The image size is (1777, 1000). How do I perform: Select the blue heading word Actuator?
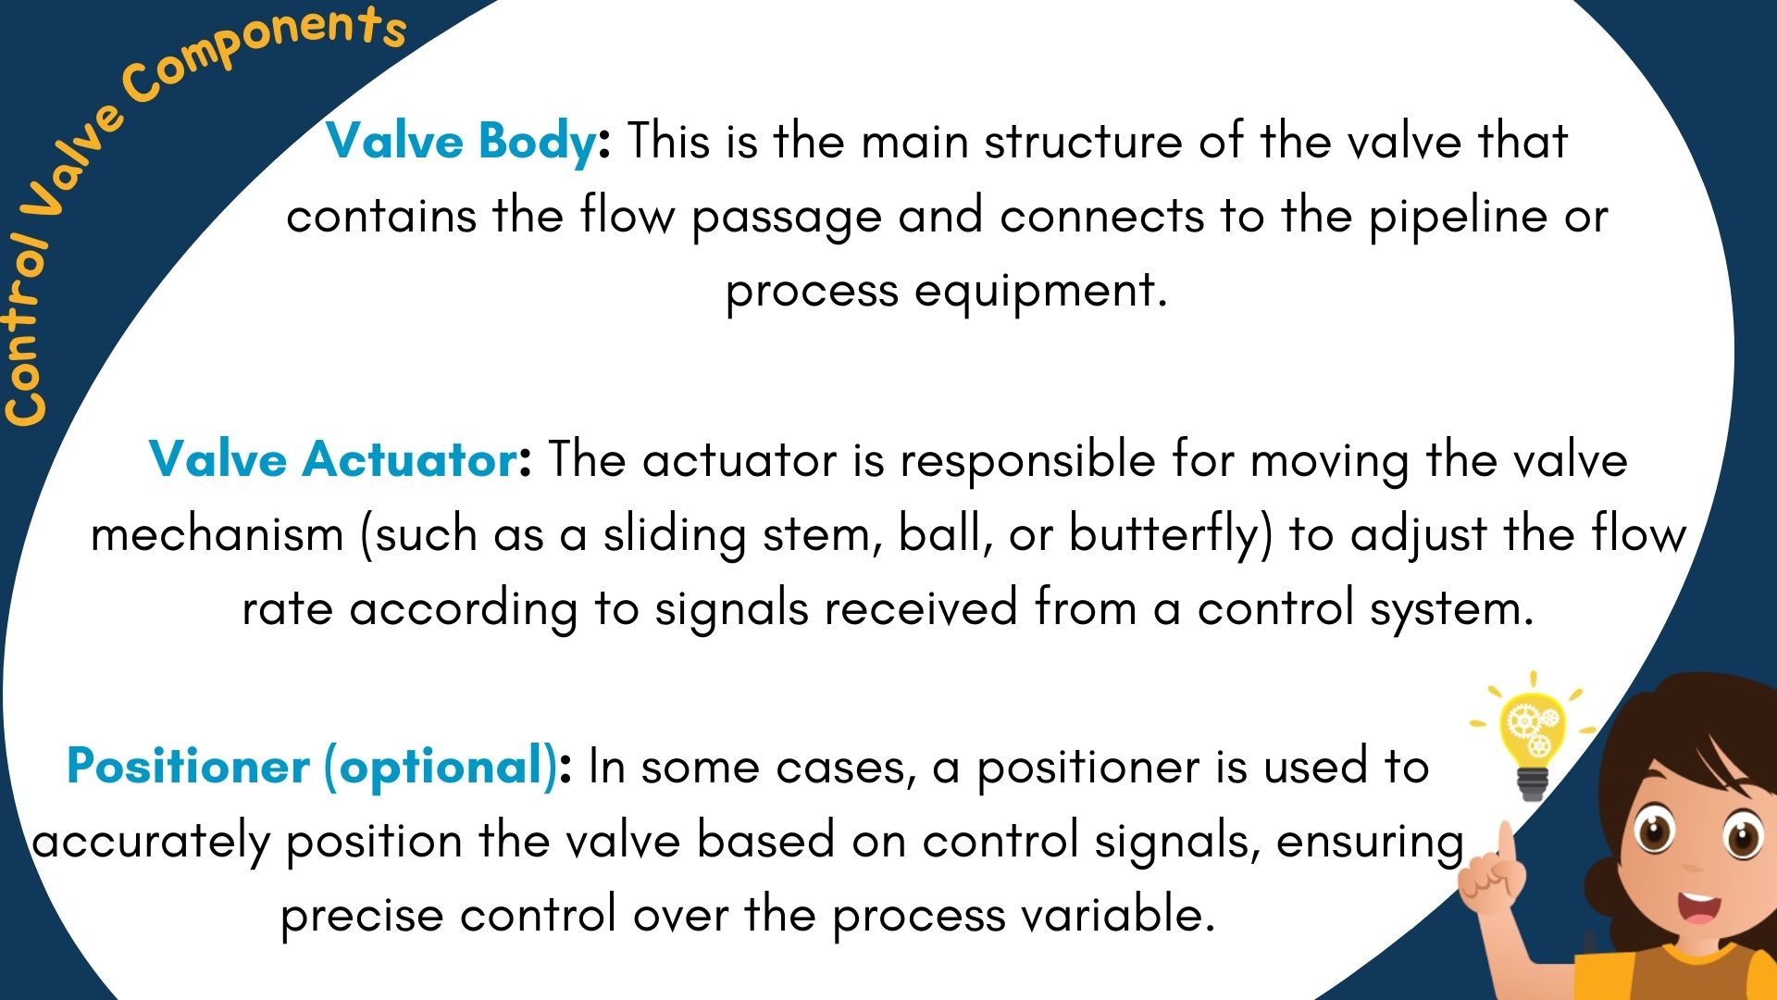[x=410, y=459]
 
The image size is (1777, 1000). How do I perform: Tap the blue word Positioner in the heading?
[x=188, y=767]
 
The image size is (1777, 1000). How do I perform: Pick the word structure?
[x=1083, y=143]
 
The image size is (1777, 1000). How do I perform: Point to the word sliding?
[x=675, y=534]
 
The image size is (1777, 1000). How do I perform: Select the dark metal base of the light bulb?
[x=1533, y=783]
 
